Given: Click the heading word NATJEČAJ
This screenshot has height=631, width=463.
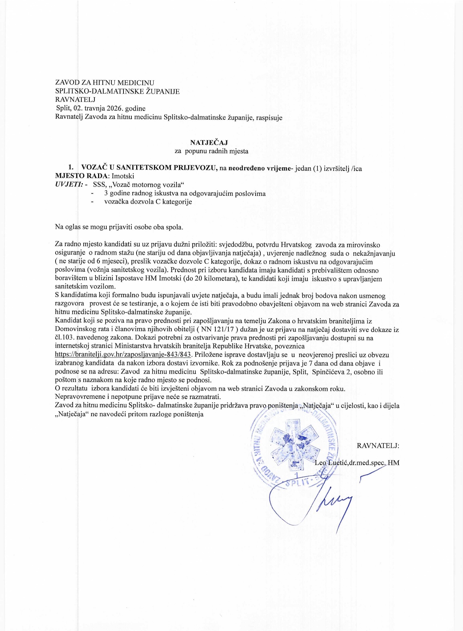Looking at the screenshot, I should pyautogui.click(x=209, y=143).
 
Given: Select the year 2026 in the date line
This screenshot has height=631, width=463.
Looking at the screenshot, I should pyautogui.click(x=115, y=108).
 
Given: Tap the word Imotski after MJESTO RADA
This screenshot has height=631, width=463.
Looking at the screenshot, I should pyautogui.click(x=123, y=176).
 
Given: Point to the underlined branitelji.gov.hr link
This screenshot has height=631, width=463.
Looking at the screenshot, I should pyautogui.click(x=123, y=355).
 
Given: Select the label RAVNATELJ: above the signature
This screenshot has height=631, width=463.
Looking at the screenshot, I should pyautogui.click(x=378, y=446).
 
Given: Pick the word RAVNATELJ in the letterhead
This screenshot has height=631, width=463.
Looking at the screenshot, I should pyautogui.click(x=75, y=99).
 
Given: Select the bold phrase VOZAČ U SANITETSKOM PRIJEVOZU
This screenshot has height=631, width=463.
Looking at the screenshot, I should pyautogui.click(x=149, y=167).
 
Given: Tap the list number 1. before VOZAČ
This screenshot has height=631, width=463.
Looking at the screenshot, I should pyautogui.click(x=71, y=167).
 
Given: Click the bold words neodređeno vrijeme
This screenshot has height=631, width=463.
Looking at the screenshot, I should pyautogui.click(x=259, y=168).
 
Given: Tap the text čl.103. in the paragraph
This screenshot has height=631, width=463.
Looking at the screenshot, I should pyautogui.click(x=65, y=338).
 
